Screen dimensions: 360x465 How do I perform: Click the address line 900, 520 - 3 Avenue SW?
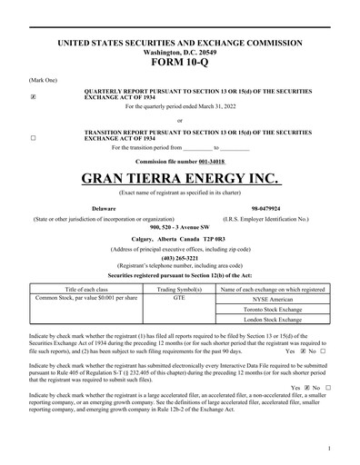[179, 226]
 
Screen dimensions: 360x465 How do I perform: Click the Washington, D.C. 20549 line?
[179, 52]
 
